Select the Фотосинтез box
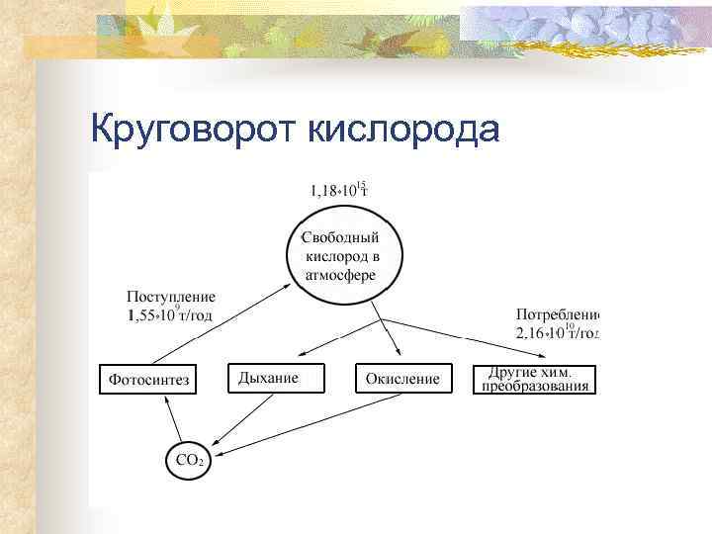click(x=147, y=379)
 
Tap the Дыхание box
click(x=277, y=378)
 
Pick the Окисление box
click(x=403, y=379)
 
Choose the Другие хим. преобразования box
click(x=536, y=379)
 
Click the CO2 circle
click(x=188, y=459)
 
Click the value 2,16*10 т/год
click(x=558, y=333)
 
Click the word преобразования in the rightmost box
click(x=536, y=387)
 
